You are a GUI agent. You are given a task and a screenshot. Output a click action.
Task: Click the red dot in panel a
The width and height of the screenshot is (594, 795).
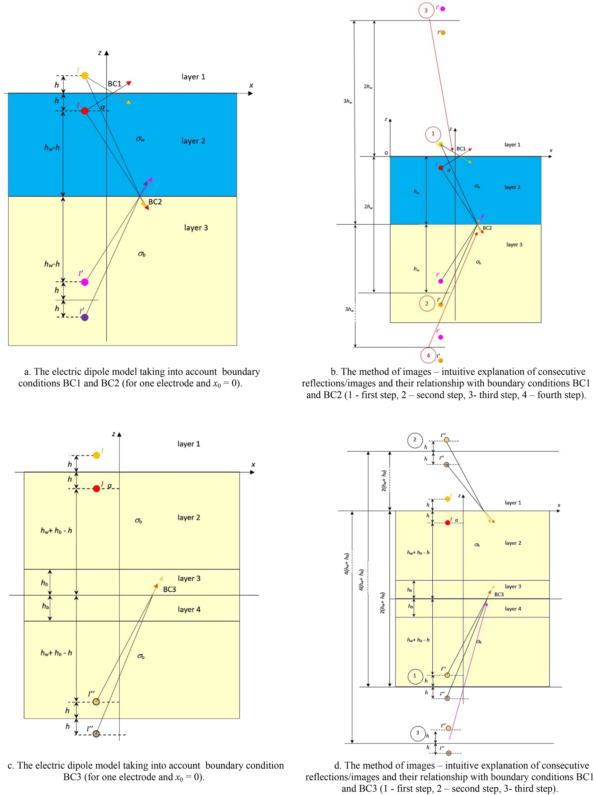pyautogui.click(x=84, y=111)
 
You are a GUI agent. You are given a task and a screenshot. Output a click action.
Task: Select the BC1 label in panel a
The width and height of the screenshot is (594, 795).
pyautogui.click(x=114, y=84)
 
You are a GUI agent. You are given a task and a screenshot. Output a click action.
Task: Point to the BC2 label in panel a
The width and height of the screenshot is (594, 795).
pyautogui.click(x=155, y=202)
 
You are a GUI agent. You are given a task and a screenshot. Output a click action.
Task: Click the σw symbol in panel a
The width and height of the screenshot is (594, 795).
pyautogui.click(x=140, y=139)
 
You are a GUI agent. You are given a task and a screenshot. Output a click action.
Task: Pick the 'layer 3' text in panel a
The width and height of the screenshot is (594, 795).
pyautogui.click(x=196, y=227)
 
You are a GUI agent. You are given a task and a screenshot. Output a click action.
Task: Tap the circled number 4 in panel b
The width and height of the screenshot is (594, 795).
pyautogui.click(x=428, y=355)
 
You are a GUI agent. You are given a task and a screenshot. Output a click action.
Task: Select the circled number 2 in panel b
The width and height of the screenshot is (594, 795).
pyautogui.click(x=427, y=303)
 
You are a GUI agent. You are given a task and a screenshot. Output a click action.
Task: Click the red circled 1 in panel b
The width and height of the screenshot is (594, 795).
pyautogui.click(x=433, y=134)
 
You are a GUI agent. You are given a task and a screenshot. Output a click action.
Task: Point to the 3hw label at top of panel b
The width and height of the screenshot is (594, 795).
pyautogui.click(x=347, y=101)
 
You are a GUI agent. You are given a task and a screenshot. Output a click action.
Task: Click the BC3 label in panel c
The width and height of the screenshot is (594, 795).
pyautogui.click(x=169, y=589)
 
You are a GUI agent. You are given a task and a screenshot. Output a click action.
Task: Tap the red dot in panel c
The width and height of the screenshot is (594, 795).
pyautogui.click(x=96, y=488)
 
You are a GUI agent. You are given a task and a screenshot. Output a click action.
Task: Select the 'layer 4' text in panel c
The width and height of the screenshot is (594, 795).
pyautogui.click(x=189, y=609)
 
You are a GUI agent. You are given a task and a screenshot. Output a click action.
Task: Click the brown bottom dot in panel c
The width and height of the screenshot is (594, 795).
pyautogui.click(x=96, y=733)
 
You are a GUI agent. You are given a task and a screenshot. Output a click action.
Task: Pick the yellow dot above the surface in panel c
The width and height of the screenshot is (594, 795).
pyautogui.click(x=96, y=455)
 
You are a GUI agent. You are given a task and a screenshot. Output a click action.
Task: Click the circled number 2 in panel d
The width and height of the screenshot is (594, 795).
pyautogui.click(x=415, y=440)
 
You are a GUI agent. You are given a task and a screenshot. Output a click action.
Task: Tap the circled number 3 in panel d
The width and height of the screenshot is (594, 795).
pyautogui.click(x=417, y=732)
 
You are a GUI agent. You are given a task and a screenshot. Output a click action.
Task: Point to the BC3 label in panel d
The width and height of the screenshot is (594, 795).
pyautogui.click(x=499, y=595)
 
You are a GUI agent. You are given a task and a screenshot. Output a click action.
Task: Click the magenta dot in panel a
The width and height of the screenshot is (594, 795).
pyautogui.click(x=84, y=282)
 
